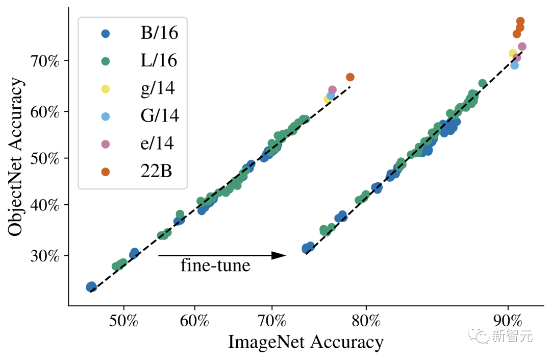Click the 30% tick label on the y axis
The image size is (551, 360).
tap(46, 255)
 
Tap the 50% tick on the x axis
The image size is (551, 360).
tap(124, 323)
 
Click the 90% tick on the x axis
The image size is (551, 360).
tap(508, 323)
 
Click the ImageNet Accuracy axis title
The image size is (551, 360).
tap(305, 342)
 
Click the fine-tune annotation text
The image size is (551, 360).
tap(215, 266)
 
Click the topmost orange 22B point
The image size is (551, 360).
tap(520, 21)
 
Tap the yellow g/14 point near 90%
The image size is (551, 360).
tap(513, 53)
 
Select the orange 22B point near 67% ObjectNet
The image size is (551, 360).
tap(350, 77)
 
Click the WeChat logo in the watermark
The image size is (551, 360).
tap(480, 335)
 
